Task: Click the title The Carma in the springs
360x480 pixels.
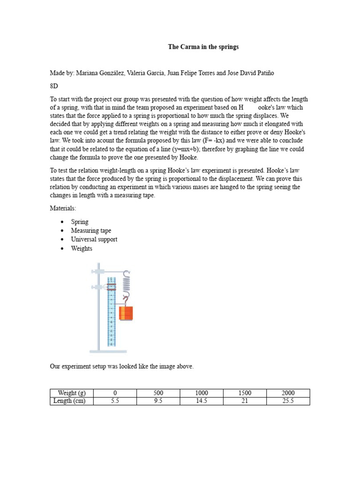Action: click(x=203, y=47)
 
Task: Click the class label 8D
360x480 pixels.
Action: click(x=54, y=86)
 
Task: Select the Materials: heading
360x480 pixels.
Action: click(x=63, y=208)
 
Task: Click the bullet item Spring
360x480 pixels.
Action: click(x=80, y=222)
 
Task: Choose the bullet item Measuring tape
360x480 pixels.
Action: click(x=91, y=231)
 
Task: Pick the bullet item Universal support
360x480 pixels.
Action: click(x=94, y=240)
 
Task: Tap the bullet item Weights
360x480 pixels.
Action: click(x=82, y=248)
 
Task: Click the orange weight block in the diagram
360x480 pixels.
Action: click(x=126, y=313)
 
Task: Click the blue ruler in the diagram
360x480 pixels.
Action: click(x=112, y=319)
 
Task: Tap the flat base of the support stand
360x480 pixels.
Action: click(x=108, y=351)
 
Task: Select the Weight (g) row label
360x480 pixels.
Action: click(x=71, y=393)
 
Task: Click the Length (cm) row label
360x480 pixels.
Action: click(x=71, y=401)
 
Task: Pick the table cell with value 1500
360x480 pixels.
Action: click(x=245, y=393)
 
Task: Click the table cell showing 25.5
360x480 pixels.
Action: click(x=287, y=401)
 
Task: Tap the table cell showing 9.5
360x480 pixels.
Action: click(x=158, y=401)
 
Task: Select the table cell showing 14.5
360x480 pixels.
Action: click(x=202, y=401)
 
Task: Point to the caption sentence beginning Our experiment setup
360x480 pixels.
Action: click(x=122, y=367)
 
